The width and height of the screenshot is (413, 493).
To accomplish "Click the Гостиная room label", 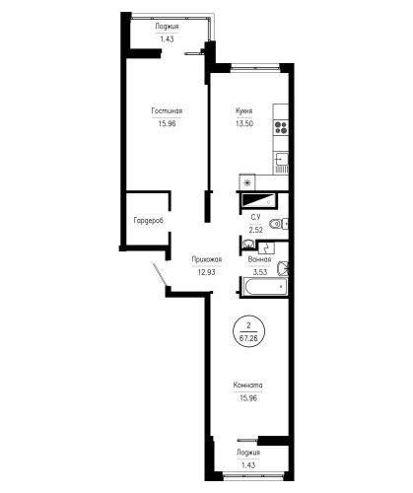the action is click(167, 111).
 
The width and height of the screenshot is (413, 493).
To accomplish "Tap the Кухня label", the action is click(244, 111).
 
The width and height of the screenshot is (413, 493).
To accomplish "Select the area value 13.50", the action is click(244, 124).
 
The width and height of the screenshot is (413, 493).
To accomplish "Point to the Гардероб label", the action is click(149, 221).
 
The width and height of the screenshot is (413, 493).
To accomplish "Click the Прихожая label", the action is click(207, 259).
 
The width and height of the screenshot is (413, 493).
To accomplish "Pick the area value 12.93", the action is click(207, 272).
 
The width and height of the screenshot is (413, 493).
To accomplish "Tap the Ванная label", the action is click(259, 259).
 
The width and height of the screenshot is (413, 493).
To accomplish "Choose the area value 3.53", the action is click(259, 272).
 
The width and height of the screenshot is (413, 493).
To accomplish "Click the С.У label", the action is click(255, 217).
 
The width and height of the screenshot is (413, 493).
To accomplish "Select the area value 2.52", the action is click(255, 230).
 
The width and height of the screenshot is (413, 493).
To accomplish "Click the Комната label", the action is click(247, 386).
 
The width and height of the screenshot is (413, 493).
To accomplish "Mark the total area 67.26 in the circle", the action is click(248, 338).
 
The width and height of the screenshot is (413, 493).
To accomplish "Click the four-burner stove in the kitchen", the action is click(281, 127).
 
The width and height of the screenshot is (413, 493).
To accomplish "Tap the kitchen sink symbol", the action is click(282, 163).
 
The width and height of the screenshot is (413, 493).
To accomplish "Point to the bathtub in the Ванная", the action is click(264, 287).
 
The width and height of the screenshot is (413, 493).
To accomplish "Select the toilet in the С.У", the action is click(278, 224).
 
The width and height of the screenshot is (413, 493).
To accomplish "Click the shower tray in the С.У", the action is click(258, 200).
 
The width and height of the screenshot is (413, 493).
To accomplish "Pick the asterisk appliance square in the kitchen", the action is click(247, 182).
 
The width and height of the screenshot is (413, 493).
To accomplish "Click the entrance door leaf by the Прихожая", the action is click(160, 274).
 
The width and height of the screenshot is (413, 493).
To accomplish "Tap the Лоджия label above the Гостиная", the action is click(167, 27).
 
